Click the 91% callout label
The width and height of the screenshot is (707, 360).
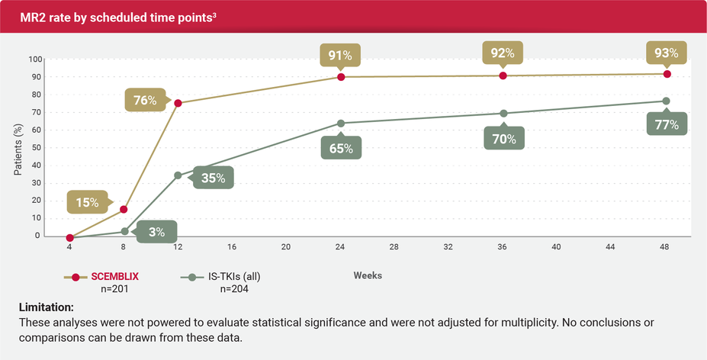pyautogui.click(x=340, y=55)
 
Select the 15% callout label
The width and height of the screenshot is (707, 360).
pyautogui.click(x=87, y=202)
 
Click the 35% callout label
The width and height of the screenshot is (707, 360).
pyautogui.click(x=213, y=178)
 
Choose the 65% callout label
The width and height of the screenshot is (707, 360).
pyautogui.click(x=341, y=148)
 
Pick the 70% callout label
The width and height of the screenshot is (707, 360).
pyautogui.click(x=503, y=139)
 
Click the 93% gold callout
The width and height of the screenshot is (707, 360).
pyautogui.click(x=666, y=53)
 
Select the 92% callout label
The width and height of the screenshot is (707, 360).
pyautogui.click(x=503, y=53)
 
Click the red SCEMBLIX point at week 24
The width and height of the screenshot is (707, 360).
pyautogui.click(x=341, y=77)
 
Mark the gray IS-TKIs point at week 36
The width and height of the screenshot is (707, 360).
pyautogui.click(x=503, y=114)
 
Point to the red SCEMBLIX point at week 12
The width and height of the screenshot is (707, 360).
pyautogui.click(x=178, y=103)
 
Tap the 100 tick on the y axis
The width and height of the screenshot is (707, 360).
pyautogui.click(x=34, y=59)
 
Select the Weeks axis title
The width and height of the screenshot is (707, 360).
pyautogui.click(x=368, y=275)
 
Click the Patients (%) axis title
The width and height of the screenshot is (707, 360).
pyautogui.click(x=18, y=148)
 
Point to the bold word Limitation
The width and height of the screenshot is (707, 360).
pyautogui.click(x=46, y=307)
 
